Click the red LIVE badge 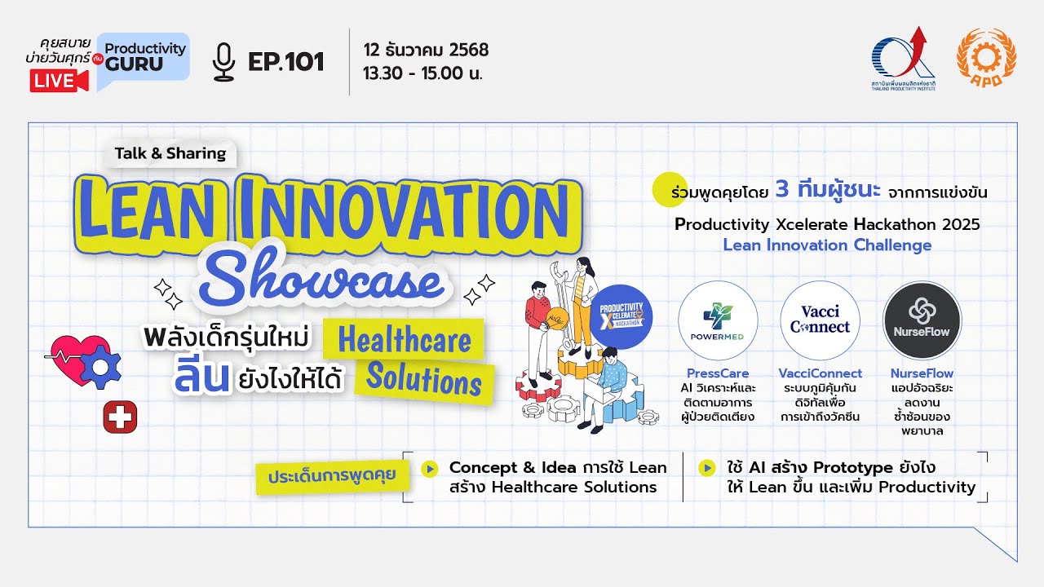(x=59, y=81)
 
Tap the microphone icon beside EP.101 (x=223, y=62)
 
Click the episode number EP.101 (x=286, y=62)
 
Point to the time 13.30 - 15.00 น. (x=423, y=73)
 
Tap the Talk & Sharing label (x=170, y=153)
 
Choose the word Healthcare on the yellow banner (x=405, y=340)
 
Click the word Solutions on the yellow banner (x=424, y=379)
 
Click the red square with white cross (x=120, y=418)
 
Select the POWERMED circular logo (x=718, y=321)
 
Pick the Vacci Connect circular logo (x=820, y=320)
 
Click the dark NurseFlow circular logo (x=922, y=320)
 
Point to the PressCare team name (x=718, y=373)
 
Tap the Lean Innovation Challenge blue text (x=827, y=245)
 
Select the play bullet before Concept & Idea (x=429, y=468)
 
